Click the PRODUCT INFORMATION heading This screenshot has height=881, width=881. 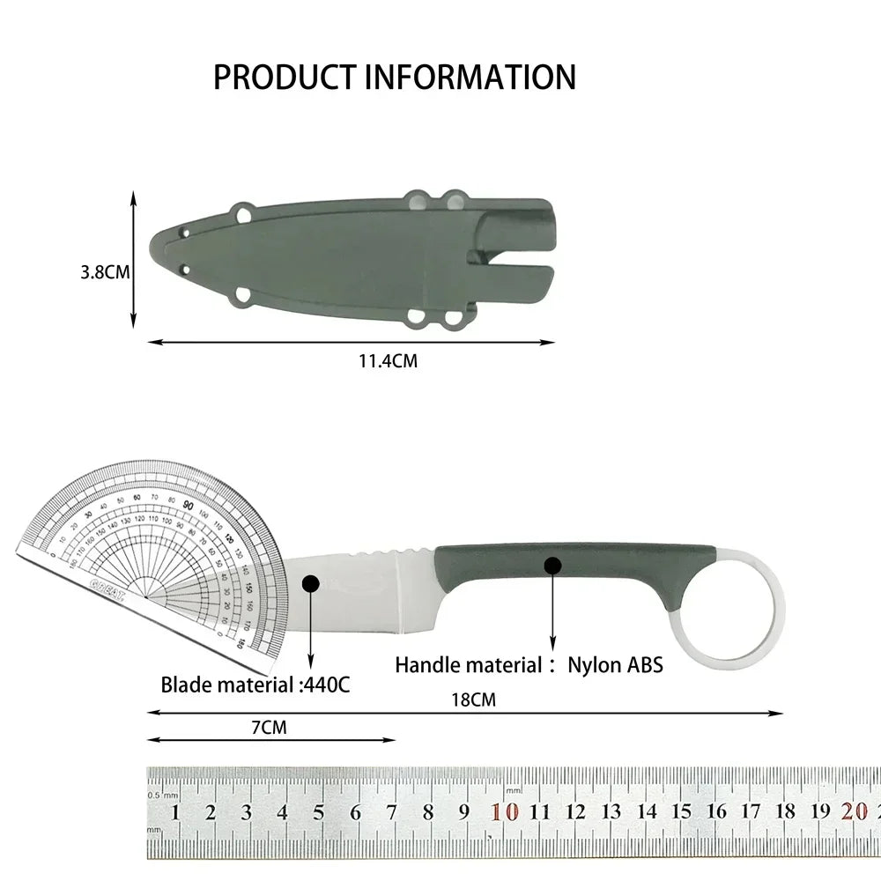394,78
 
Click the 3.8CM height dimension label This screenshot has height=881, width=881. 105,272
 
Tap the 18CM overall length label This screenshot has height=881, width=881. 474,700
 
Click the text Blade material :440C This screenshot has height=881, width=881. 255,684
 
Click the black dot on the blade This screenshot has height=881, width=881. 310,583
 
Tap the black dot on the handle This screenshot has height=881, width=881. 552,564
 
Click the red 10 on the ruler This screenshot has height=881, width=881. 505,812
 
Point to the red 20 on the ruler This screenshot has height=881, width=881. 854,812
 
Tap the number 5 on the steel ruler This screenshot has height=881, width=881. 318,812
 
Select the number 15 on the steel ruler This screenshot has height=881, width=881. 682,812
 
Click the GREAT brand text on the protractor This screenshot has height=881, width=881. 107,589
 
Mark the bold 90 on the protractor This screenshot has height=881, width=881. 189,504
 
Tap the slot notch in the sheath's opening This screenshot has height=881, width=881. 511,257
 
